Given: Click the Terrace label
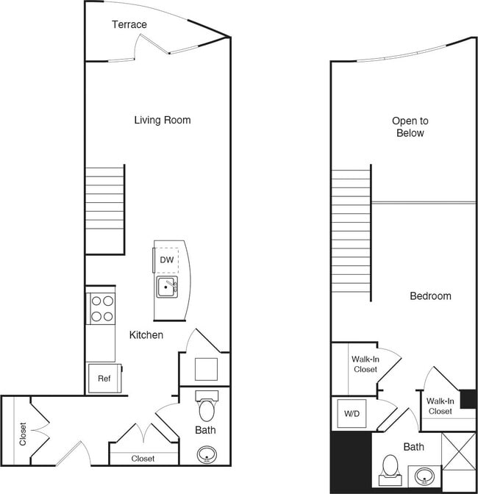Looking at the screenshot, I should (129, 25).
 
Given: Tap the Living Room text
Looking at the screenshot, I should (162, 120).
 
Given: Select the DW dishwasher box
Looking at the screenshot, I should (167, 259).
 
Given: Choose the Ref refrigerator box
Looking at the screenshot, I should (103, 379).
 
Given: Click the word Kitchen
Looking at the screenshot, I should (146, 335).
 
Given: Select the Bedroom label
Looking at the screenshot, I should (430, 296).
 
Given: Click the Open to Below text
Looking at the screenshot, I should (410, 127).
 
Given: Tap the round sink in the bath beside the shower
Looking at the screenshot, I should (424, 476).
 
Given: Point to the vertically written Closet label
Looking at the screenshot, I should (23, 433).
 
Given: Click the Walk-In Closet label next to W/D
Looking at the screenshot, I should (365, 364).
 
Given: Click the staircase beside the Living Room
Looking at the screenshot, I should (105, 210).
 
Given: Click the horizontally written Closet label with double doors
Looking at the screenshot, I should (143, 459).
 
